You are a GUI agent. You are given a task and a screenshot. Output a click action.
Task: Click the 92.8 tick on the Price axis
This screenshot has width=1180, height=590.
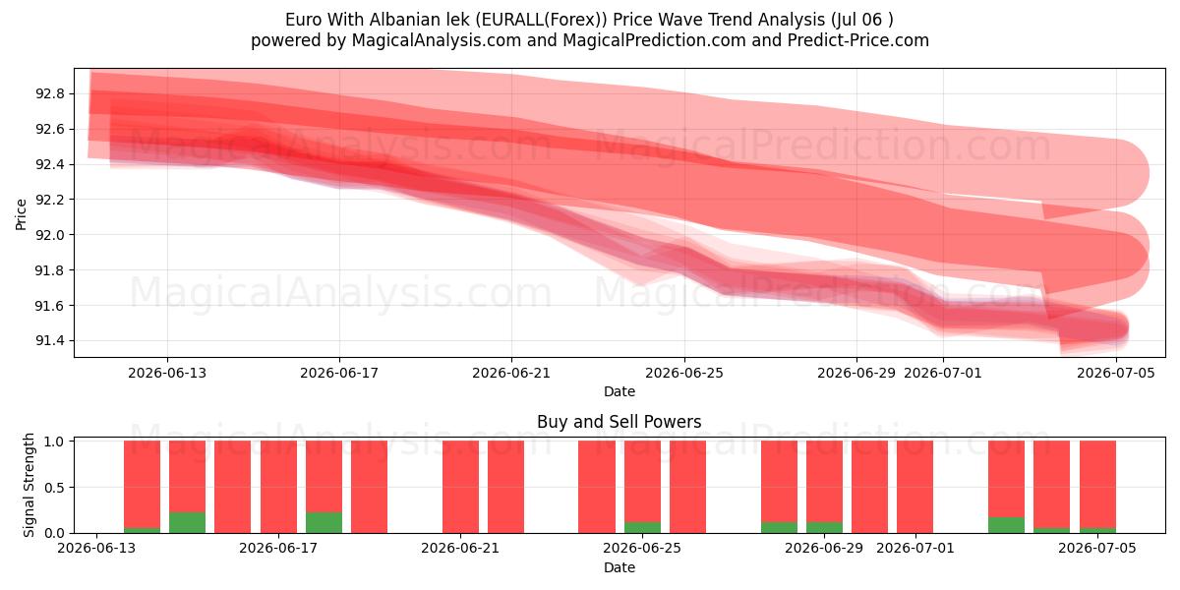pyautogui.click(x=49, y=93)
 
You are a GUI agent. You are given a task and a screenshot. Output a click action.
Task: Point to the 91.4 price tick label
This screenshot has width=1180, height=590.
pyautogui.click(x=49, y=341)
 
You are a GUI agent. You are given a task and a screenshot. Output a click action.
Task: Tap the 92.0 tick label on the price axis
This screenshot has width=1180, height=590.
pyautogui.click(x=49, y=235)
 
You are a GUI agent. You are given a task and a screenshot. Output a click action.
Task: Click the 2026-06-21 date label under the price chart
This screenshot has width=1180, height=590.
pyautogui.click(x=511, y=373)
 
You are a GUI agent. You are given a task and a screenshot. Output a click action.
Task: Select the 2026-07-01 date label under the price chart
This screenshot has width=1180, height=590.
pyautogui.click(x=943, y=373)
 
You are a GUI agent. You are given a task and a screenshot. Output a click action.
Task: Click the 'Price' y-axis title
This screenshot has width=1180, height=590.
pyautogui.click(x=21, y=214)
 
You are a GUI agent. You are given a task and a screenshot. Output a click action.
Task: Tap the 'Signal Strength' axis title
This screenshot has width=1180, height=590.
pyautogui.click(x=29, y=485)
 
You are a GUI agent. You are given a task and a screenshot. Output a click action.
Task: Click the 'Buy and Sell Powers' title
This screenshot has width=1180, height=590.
pyautogui.click(x=619, y=422)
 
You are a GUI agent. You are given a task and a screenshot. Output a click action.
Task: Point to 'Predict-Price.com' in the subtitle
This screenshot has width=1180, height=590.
pyautogui.click(x=858, y=40)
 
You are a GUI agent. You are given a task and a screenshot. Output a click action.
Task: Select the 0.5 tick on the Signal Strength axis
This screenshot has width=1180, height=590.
pyautogui.click(x=55, y=488)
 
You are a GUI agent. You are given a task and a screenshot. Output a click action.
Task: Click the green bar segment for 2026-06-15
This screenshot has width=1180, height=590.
pyautogui.click(x=188, y=522)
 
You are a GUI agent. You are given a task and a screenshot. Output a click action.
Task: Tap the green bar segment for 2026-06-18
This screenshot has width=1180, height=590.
pyautogui.click(x=324, y=522)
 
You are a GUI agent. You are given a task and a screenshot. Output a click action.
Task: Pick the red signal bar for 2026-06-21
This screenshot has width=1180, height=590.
pyautogui.click(x=461, y=487)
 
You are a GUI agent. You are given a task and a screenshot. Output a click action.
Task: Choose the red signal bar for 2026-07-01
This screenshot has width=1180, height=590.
pyautogui.click(x=915, y=487)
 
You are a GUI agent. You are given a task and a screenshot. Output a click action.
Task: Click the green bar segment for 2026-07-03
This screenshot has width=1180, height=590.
pyautogui.click(x=1006, y=525)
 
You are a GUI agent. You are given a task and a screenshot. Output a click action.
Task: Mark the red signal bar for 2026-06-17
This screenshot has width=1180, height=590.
pyautogui.click(x=278, y=487)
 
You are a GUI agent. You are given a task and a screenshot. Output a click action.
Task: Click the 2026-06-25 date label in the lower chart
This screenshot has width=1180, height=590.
pyautogui.click(x=642, y=548)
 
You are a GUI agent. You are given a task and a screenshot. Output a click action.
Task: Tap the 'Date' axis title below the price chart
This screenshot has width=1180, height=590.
pyautogui.click(x=619, y=391)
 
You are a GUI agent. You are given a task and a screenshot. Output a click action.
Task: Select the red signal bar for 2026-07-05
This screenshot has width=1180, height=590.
pyautogui.click(x=1097, y=485)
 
